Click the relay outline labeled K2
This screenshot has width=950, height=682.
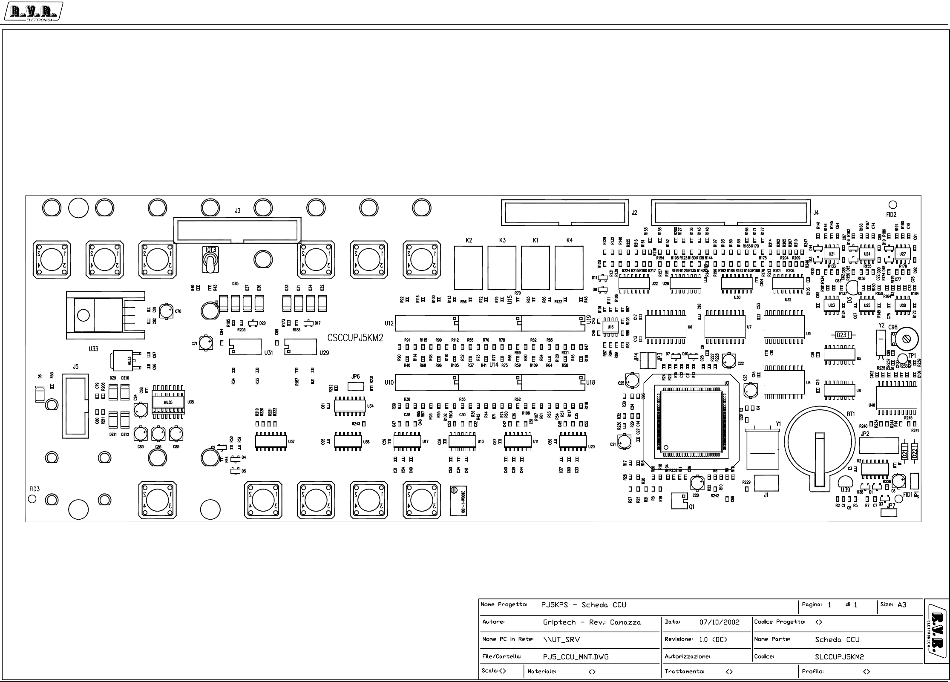tap(469, 268)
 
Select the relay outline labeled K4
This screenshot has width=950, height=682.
tap(569, 268)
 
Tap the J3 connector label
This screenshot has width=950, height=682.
tap(238, 211)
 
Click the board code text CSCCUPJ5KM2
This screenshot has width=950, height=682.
tap(355, 338)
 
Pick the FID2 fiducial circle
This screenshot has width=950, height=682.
tap(892, 205)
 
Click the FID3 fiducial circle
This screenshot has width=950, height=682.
tap(32, 499)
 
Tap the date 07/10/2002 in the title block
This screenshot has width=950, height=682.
tap(720, 622)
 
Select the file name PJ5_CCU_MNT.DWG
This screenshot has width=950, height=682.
tap(576, 657)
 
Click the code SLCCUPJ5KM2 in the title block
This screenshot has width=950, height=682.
tap(839, 657)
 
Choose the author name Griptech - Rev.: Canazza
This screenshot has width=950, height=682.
tap(592, 622)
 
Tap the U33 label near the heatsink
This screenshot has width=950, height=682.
tap(93, 349)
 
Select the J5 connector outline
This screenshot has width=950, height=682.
tap(75, 406)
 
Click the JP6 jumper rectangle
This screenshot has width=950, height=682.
tap(356, 386)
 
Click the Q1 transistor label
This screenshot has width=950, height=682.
tap(691, 507)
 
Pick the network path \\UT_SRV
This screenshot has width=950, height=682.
tap(561, 639)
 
